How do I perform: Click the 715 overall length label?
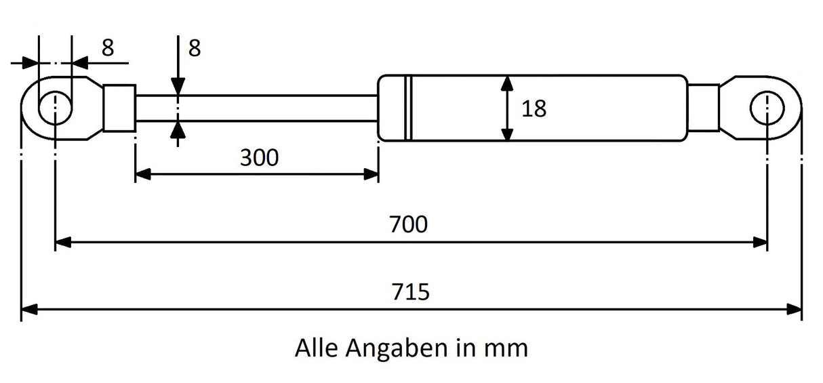410,292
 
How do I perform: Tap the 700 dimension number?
408,224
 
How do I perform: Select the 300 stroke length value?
260,157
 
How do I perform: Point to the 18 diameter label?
534,108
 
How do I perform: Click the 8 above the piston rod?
195,48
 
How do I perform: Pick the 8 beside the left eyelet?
108,47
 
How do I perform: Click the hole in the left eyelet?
55,108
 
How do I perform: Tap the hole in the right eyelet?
767,108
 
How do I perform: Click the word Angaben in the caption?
397,349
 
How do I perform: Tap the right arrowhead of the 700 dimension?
759,243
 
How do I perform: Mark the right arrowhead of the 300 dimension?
371,174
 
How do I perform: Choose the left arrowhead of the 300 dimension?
143,174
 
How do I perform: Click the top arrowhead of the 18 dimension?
507,83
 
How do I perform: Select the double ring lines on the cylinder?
408,108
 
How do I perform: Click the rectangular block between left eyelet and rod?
119,108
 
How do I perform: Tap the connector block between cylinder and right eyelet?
704,108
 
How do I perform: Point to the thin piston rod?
257,108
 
